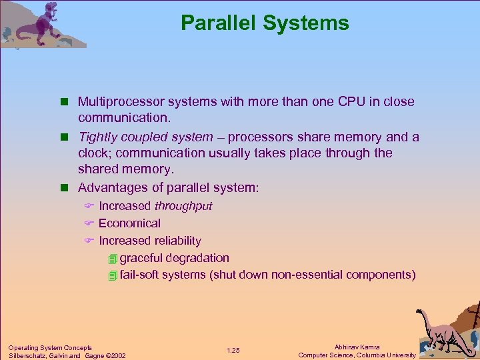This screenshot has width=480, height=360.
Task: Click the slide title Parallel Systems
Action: [x=265, y=23]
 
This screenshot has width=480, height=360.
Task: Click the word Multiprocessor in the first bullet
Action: [x=117, y=102]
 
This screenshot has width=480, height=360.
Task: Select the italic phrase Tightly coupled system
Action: [x=146, y=137]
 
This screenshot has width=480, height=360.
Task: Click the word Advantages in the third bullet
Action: [x=111, y=188]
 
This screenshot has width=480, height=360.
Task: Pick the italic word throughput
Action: [x=183, y=206]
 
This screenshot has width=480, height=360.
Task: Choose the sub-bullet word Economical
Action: [x=129, y=223]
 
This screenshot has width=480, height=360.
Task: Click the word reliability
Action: [x=178, y=241]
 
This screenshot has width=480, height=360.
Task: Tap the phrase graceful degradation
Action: [x=175, y=258]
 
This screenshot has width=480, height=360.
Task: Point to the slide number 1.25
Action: [x=233, y=351]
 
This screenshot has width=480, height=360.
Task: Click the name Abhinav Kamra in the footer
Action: [x=357, y=347]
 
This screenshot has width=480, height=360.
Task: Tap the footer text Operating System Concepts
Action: [x=50, y=347]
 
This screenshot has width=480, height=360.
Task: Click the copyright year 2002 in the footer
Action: [x=117, y=355]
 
